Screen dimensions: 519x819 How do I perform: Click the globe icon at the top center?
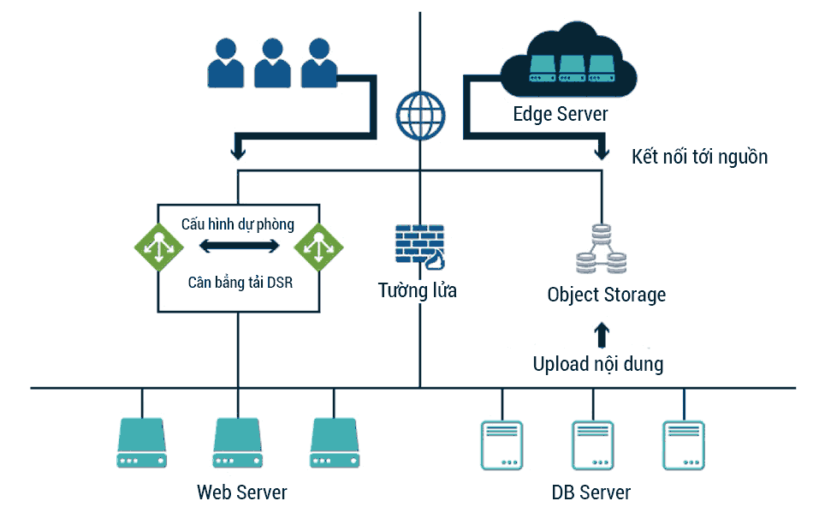421,115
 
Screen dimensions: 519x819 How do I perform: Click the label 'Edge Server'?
561,114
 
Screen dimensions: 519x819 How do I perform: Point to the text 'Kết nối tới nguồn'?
699,157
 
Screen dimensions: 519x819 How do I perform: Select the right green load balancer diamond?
318,247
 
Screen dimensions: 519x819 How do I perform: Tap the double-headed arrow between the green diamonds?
239,247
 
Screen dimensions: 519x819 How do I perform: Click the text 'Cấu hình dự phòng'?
238,224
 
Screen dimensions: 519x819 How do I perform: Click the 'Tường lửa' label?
418,290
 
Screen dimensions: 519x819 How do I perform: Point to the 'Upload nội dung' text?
598,364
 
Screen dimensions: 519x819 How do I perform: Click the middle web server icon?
237,443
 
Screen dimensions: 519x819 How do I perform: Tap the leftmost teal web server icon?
140,443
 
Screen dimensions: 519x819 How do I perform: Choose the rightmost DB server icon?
684,444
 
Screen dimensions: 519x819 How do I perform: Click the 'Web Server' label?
242,492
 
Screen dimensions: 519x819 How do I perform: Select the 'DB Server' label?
591,492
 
